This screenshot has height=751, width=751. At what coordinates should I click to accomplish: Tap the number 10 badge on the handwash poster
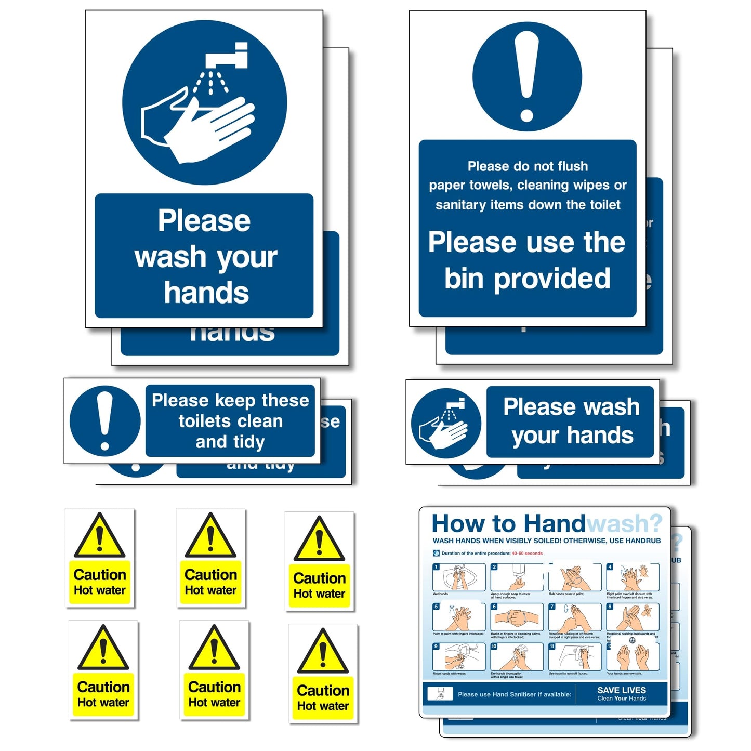[494, 647]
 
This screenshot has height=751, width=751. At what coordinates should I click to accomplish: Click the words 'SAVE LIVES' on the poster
[622, 690]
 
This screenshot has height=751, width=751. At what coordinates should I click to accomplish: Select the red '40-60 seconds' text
[527, 554]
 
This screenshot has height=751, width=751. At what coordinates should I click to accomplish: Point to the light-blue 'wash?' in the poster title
[624, 524]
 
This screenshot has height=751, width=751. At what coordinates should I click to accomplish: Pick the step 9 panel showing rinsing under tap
[459, 657]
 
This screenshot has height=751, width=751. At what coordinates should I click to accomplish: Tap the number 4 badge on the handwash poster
[610, 567]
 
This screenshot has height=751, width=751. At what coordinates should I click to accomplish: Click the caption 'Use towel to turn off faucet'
[568, 674]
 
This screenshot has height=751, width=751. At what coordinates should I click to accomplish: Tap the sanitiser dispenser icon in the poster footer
[439, 693]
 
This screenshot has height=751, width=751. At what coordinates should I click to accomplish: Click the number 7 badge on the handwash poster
[552, 607]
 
